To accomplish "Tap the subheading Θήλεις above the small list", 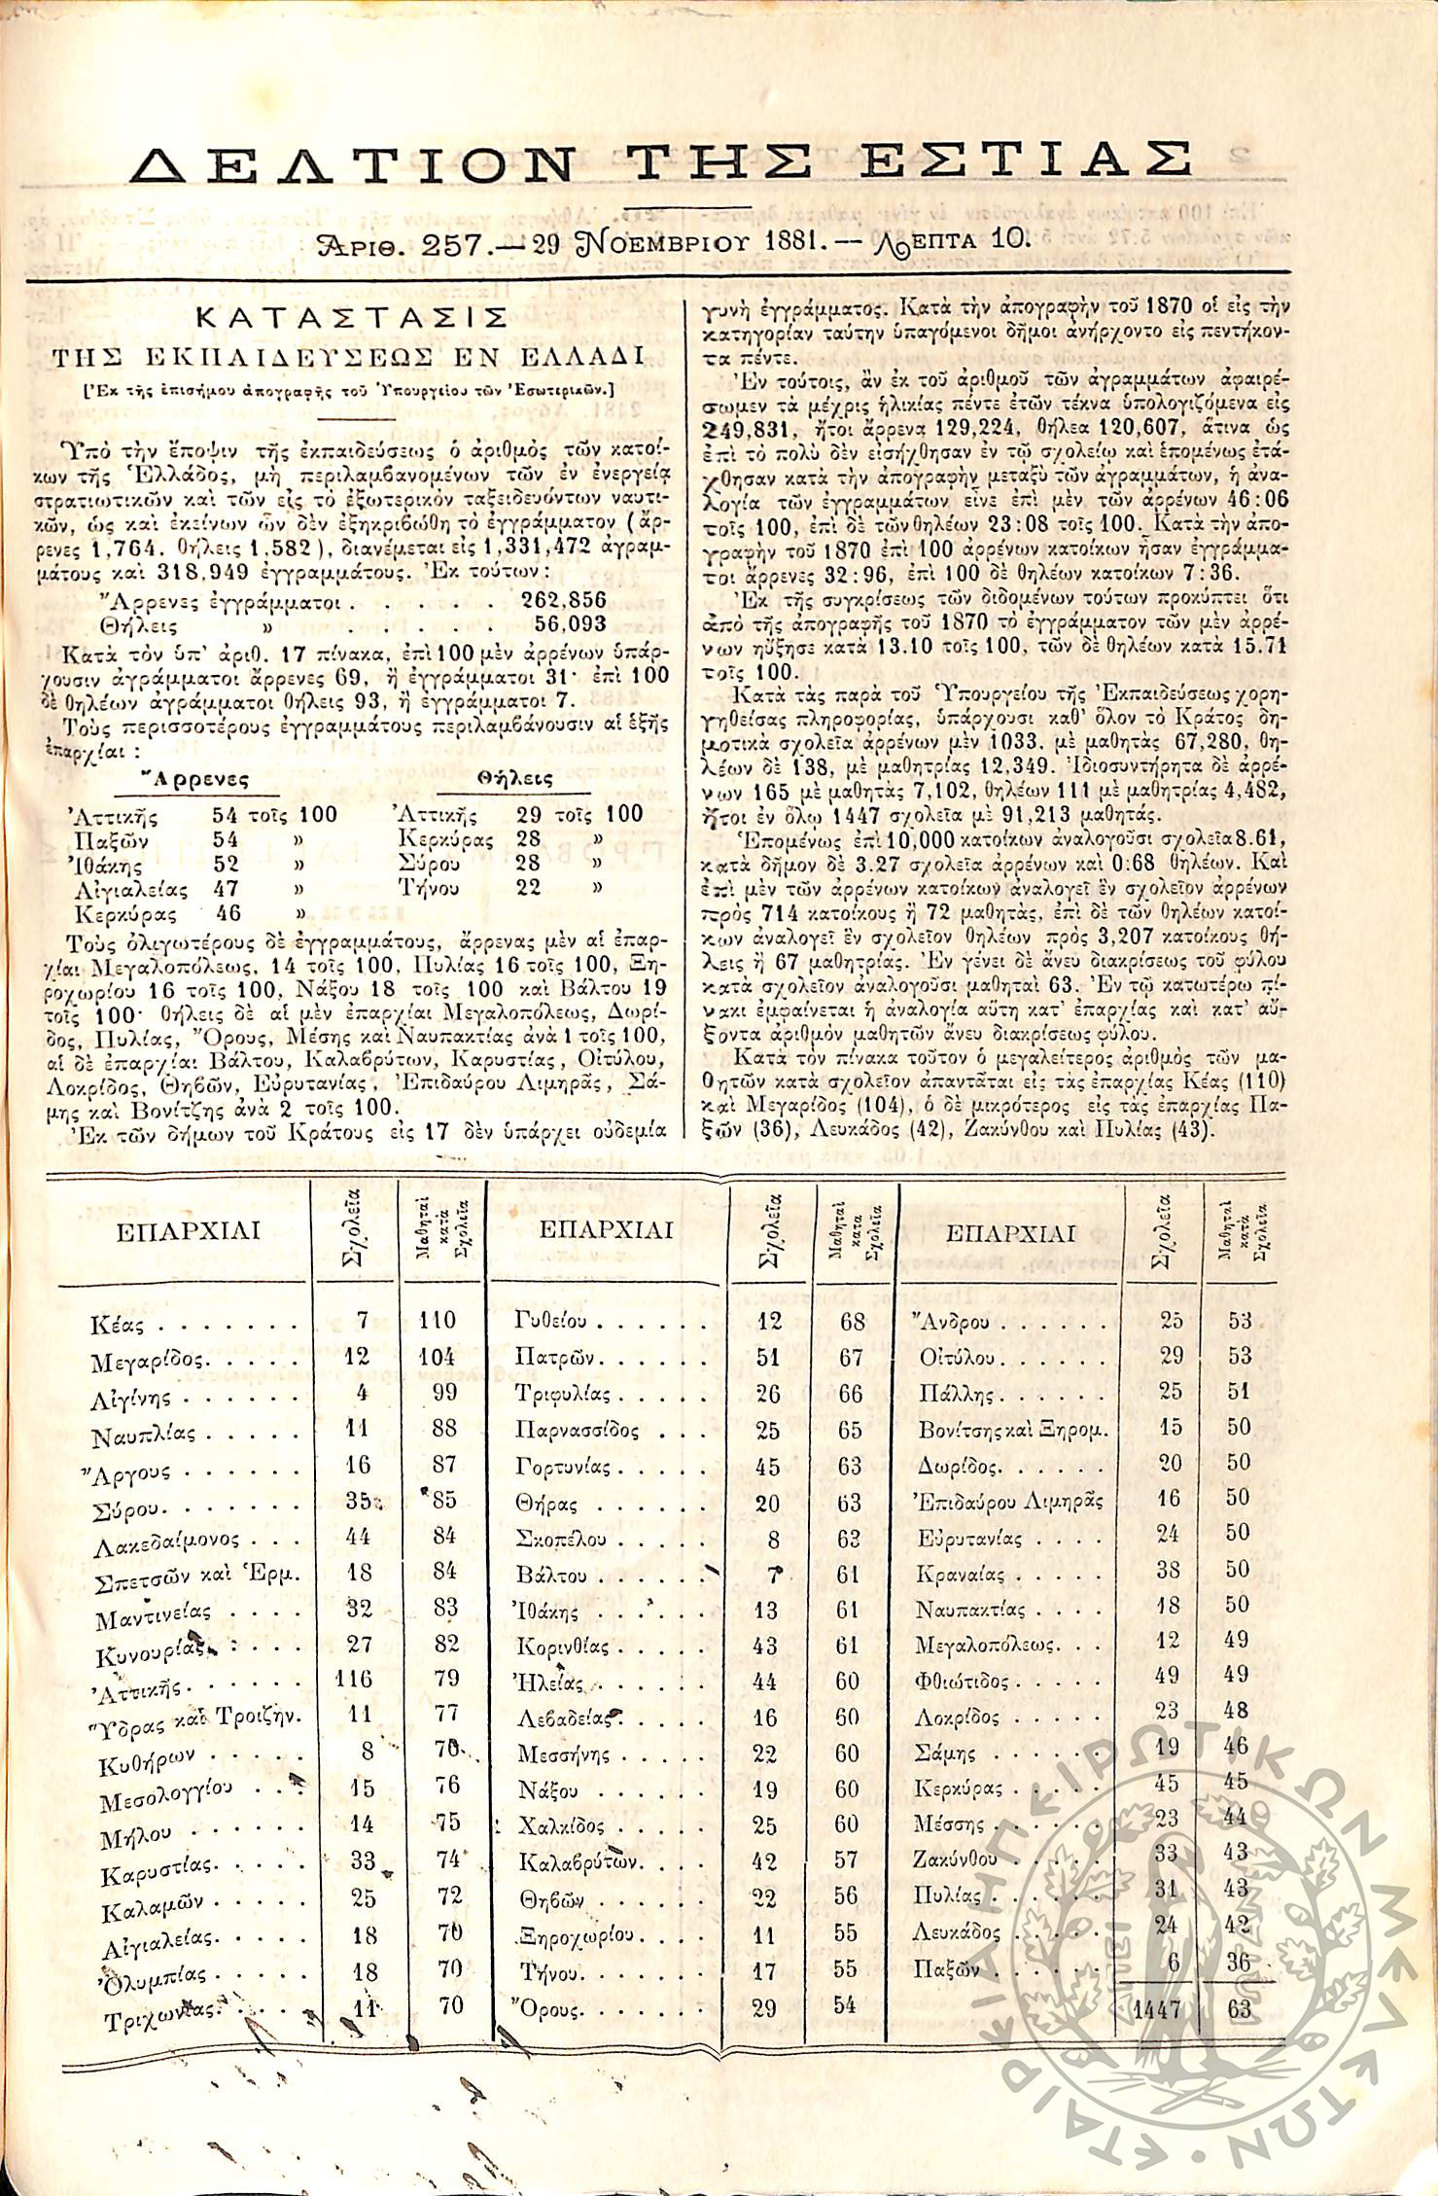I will click(515, 779).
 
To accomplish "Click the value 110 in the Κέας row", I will click(438, 1320).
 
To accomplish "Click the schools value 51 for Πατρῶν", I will click(768, 1358).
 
